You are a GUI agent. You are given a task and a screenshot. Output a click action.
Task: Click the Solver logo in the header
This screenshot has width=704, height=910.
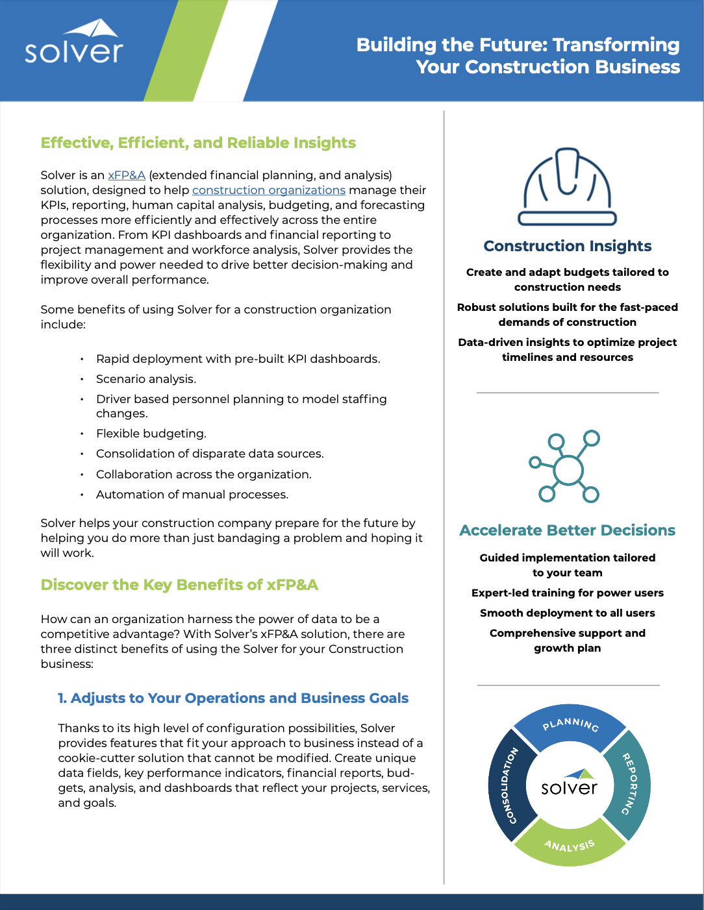[x=73, y=43]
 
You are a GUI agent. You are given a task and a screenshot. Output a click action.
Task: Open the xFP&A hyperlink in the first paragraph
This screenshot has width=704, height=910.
[x=127, y=175]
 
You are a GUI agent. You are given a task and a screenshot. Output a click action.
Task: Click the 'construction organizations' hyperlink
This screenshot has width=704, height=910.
[x=268, y=190]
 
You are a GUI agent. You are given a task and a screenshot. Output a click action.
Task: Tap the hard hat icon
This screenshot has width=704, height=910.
[x=567, y=186]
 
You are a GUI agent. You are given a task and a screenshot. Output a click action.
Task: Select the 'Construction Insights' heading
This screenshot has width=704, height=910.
[x=567, y=246]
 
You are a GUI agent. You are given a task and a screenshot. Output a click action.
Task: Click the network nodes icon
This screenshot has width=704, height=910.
[x=565, y=466]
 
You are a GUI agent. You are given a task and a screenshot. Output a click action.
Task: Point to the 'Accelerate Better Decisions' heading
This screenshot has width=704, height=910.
[x=567, y=530]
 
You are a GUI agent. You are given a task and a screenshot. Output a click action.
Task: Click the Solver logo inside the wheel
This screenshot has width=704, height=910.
[x=570, y=784]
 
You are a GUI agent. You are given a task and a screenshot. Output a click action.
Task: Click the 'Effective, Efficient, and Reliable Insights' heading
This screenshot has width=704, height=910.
[x=198, y=143]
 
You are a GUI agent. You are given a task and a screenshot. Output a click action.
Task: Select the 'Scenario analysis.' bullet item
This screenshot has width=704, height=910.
[x=146, y=379]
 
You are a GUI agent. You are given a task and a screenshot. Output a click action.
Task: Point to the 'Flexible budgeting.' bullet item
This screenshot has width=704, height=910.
[x=151, y=434]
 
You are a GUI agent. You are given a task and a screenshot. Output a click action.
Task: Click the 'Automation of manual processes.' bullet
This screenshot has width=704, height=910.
[x=192, y=495]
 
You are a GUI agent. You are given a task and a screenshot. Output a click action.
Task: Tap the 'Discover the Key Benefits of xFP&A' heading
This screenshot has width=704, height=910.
[x=179, y=585]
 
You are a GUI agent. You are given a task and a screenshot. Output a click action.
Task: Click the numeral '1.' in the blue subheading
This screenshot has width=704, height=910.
[x=62, y=698]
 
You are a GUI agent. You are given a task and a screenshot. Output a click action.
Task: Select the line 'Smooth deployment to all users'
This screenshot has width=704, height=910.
[x=567, y=613]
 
